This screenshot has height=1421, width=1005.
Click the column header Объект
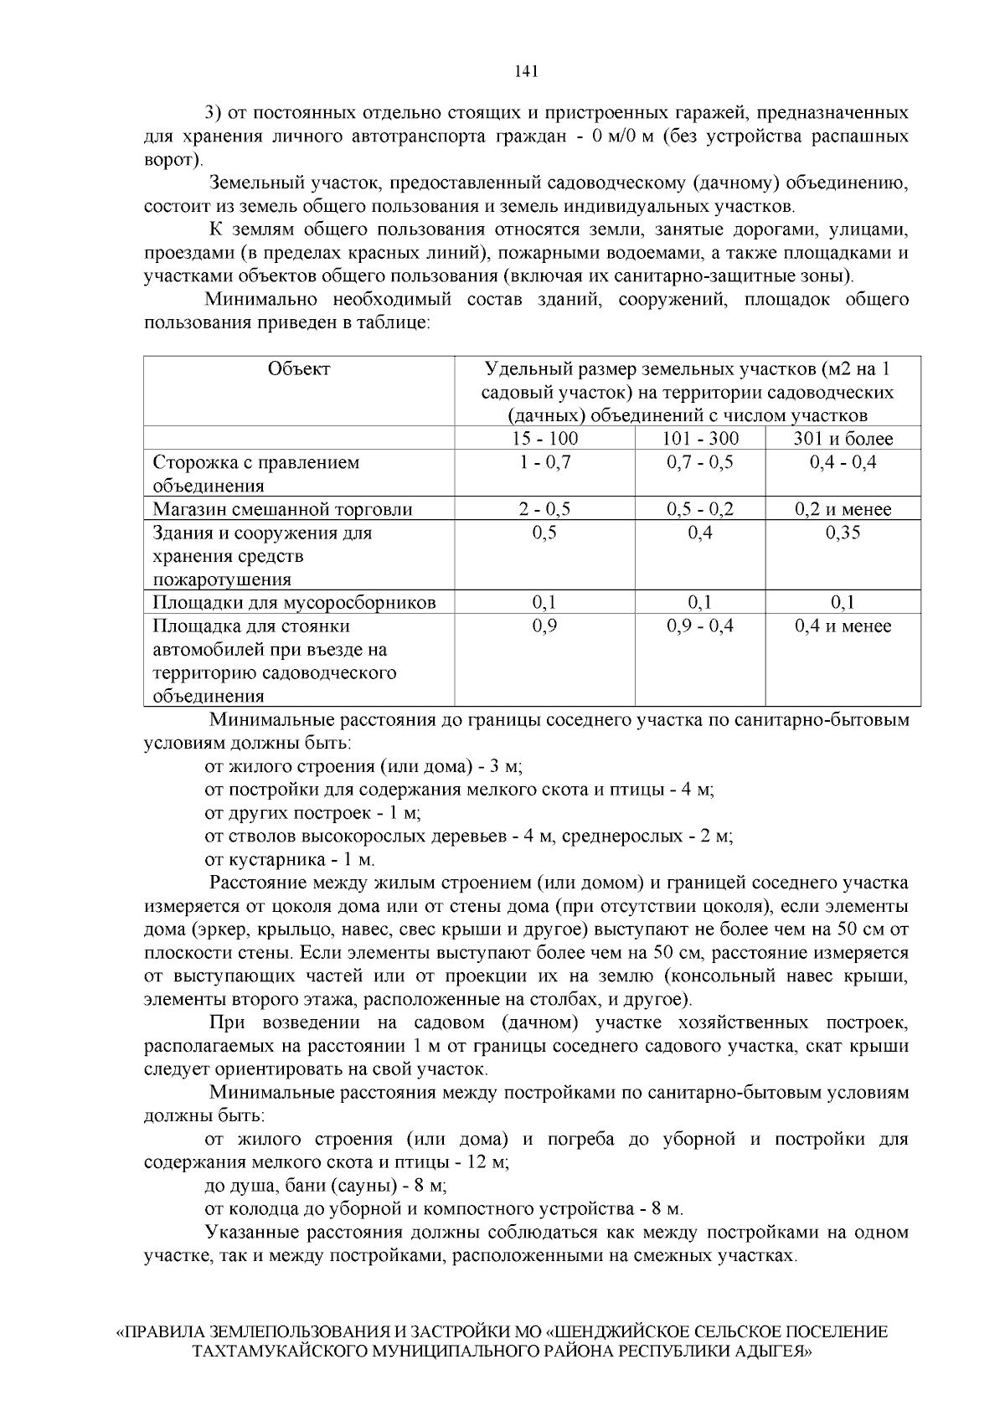tap(299, 369)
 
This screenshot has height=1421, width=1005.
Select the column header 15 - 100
tap(544, 439)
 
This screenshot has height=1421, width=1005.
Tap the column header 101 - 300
tap(700, 439)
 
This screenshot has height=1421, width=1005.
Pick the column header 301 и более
tap(843, 439)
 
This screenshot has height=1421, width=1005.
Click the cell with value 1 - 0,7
tap(544, 462)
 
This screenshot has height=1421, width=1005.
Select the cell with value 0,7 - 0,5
tap(700, 462)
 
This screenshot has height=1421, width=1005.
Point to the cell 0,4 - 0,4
tap(843, 462)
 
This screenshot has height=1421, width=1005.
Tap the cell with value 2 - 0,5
tap(544, 509)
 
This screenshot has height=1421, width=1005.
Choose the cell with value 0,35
tap(843, 533)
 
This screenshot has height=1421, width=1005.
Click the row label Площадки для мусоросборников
tap(294, 603)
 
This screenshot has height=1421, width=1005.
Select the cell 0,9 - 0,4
tap(700, 626)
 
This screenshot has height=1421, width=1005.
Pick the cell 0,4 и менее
tap(843, 626)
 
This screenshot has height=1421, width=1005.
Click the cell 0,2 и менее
tap(843, 509)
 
